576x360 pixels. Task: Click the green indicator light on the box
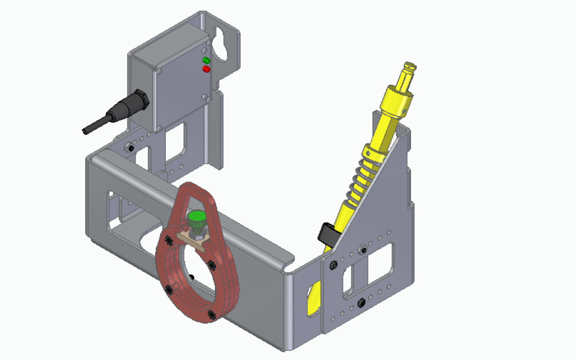point(206,60)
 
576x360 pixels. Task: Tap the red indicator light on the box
point(206,69)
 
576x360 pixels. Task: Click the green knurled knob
point(196,219)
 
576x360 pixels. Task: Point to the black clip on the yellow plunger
point(328,234)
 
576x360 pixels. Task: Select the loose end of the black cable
point(85,131)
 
